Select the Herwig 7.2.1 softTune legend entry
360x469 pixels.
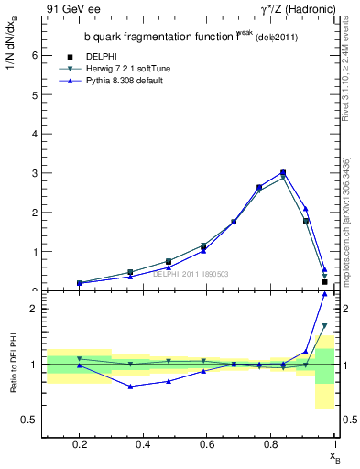coord(128,69)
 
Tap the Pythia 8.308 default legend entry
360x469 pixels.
coord(126,81)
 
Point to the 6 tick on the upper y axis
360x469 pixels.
coord(34,55)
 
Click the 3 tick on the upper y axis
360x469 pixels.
coord(34,173)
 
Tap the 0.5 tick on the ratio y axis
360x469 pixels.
coord(29,420)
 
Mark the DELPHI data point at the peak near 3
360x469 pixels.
coord(283,172)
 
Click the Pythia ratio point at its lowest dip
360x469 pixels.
coord(132,387)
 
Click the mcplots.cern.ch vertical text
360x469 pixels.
coord(345,229)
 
